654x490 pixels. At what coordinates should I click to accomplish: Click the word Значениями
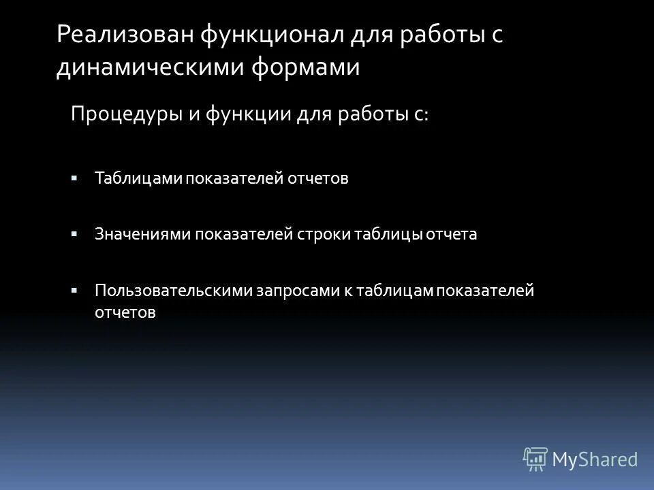(x=143, y=234)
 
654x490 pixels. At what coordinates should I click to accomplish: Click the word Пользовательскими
(x=174, y=291)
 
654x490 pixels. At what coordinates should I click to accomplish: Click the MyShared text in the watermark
(x=594, y=459)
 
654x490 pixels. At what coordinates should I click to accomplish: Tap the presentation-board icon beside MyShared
(x=535, y=459)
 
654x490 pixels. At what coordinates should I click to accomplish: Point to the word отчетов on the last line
(x=125, y=312)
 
